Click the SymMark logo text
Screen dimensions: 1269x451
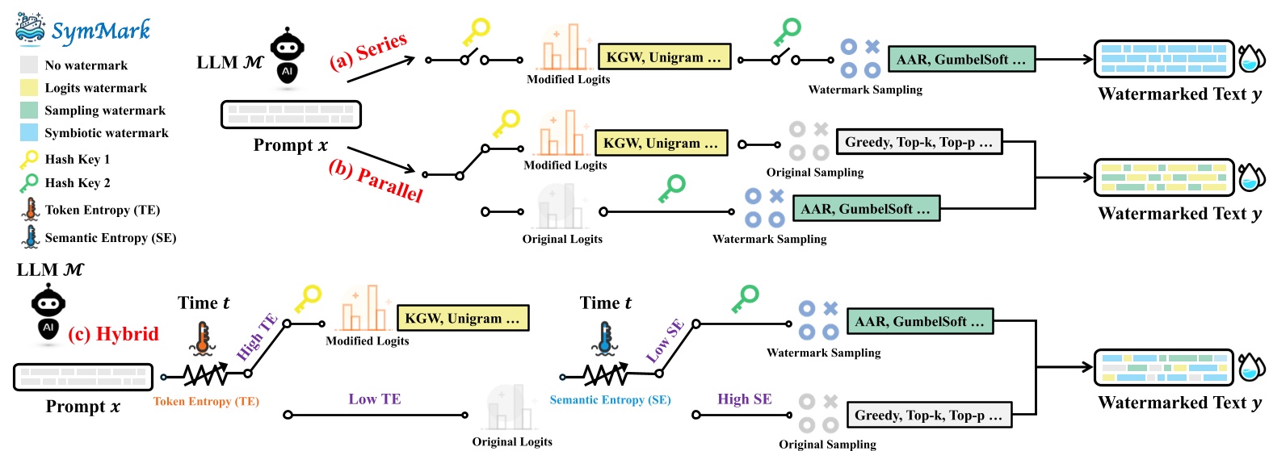(x=100, y=31)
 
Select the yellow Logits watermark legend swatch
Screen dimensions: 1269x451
(x=29, y=88)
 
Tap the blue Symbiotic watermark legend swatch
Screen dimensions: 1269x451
(x=29, y=132)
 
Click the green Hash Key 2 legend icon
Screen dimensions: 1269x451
(x=29, y=183)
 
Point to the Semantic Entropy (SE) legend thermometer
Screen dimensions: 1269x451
(x=31, y=236)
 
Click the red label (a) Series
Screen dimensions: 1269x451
(x=368, y=52)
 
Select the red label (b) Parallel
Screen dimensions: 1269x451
(x=376, y=181)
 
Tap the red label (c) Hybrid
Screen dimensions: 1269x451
(x=113, y=334)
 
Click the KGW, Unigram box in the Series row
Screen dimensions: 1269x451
(x=665, y=57)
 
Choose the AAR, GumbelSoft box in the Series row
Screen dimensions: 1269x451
(x=961, y=59)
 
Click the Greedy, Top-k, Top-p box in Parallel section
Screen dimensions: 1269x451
(x=919, y=142)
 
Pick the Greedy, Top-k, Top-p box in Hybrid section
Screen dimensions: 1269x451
(x=929, y=416)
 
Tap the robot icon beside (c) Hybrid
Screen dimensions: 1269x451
(x=48, y=314)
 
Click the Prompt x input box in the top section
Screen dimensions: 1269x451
(x=291, y=115)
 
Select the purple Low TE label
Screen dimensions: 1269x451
(x=375, y=399)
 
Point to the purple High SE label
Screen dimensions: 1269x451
(x=745, y=399)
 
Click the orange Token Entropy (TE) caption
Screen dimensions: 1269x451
(x=206, y=401)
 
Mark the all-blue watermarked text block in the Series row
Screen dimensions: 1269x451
(x=1164, y=59)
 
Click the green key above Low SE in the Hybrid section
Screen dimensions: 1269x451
(x=745, y=299)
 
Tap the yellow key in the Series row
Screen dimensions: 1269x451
(x=476, y=33)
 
